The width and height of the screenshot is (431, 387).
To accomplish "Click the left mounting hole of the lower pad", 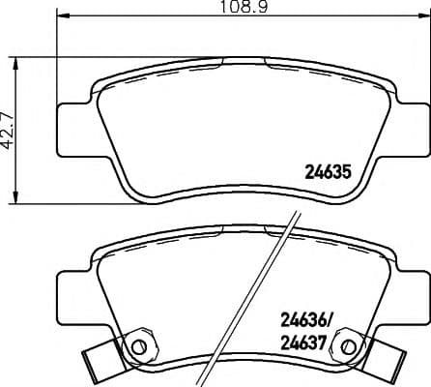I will click(137, 345).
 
